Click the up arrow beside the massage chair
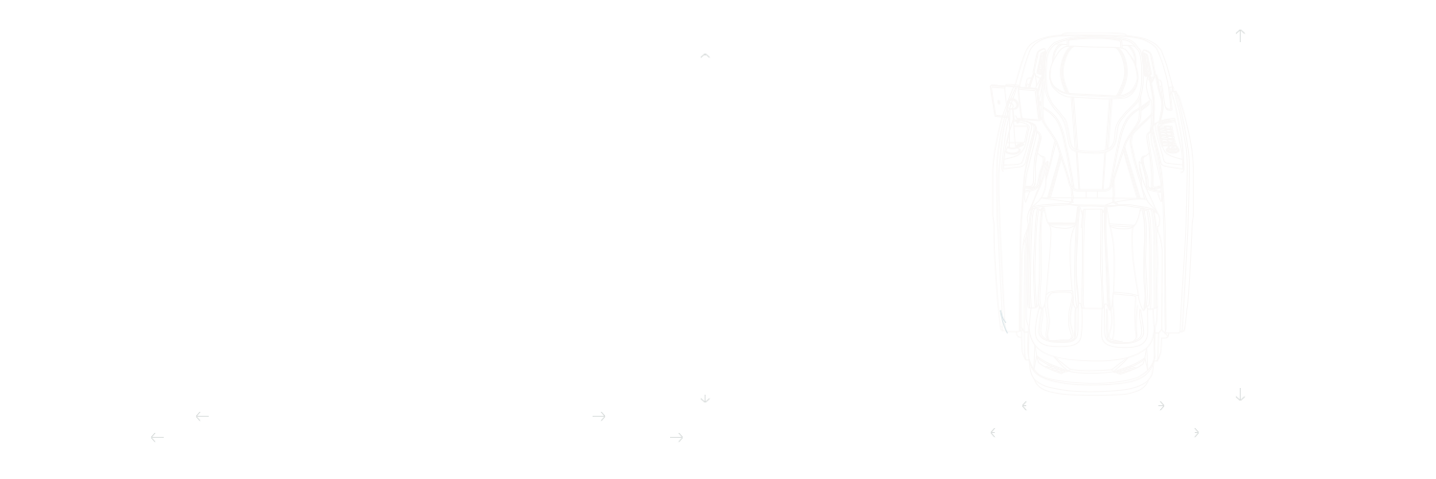[x=1240, y=35]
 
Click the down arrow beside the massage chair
[x=1240, y=395]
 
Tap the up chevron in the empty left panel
[x=705, y=56]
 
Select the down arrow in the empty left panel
[x=705, y=399]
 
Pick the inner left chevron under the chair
[x=1024, y=406]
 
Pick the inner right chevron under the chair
[x=1161, y=406]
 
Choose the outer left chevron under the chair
[x=993, y=433]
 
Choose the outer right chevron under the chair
[x=1196, y=433]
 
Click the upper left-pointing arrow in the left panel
[x=201, y=416]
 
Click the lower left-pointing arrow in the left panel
[x=157, y=438]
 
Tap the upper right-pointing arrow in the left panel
[x=599, y=416]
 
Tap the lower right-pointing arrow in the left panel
[x=677, y=438]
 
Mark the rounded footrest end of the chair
[x=1092, y=374]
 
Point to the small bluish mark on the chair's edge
[x=1002, y=321]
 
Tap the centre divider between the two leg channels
[x=1092, y=259]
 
